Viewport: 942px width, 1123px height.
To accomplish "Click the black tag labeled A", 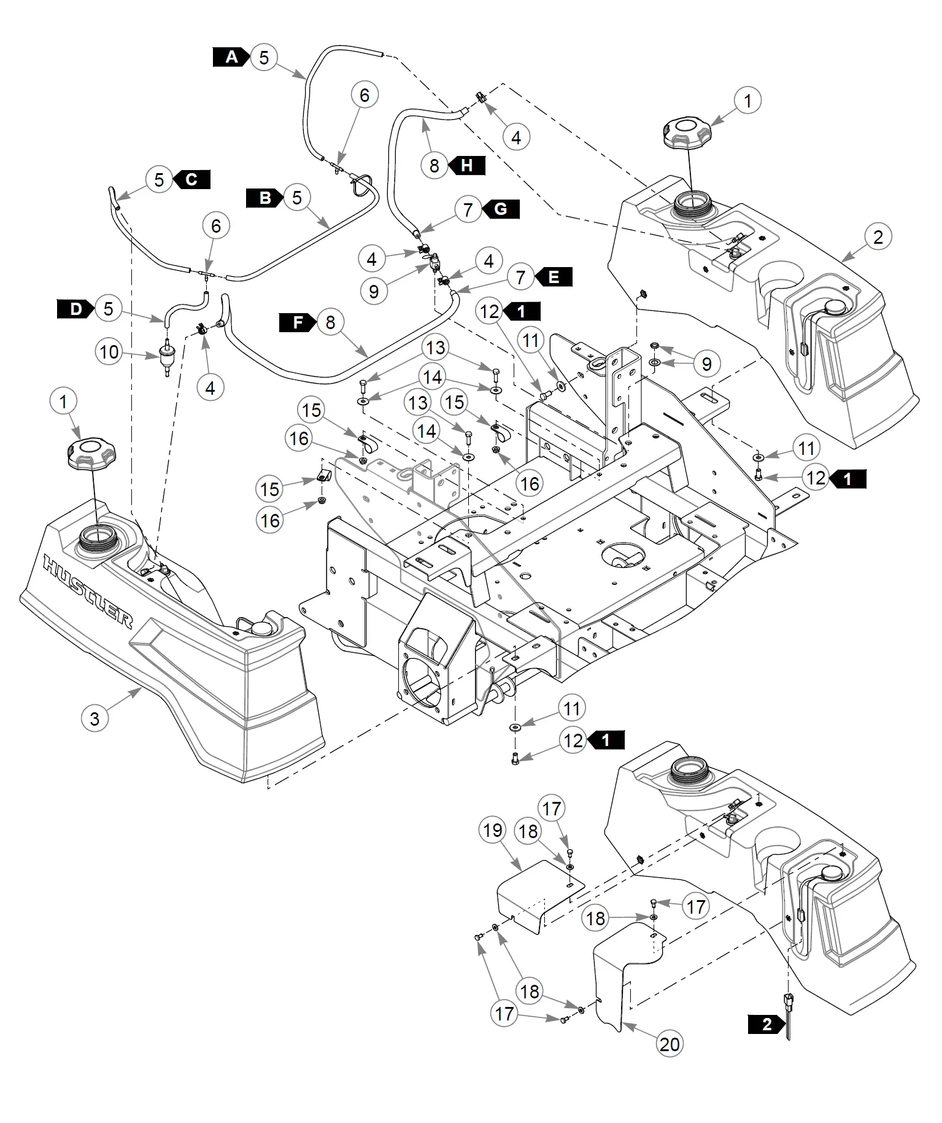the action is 231,57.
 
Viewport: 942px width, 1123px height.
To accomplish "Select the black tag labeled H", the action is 466,165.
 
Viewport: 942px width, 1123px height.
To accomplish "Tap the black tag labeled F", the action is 298,322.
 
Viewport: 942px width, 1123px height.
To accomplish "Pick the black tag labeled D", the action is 76,308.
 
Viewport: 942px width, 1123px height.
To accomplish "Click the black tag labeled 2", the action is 767,1024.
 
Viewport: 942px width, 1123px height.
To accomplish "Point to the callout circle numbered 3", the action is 95,718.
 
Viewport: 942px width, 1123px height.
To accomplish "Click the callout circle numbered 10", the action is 109,352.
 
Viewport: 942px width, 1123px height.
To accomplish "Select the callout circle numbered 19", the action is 492,831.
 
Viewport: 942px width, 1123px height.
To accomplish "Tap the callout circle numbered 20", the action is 670,1044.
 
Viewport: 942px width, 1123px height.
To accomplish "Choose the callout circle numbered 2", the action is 878,236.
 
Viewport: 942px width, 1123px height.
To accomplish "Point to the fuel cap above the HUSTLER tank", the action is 91,453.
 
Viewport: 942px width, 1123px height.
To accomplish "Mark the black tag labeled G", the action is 500,209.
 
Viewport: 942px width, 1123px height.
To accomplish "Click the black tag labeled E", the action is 553,277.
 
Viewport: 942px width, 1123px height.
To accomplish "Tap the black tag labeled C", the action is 191,179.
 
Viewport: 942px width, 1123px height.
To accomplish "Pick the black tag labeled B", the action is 265,198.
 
